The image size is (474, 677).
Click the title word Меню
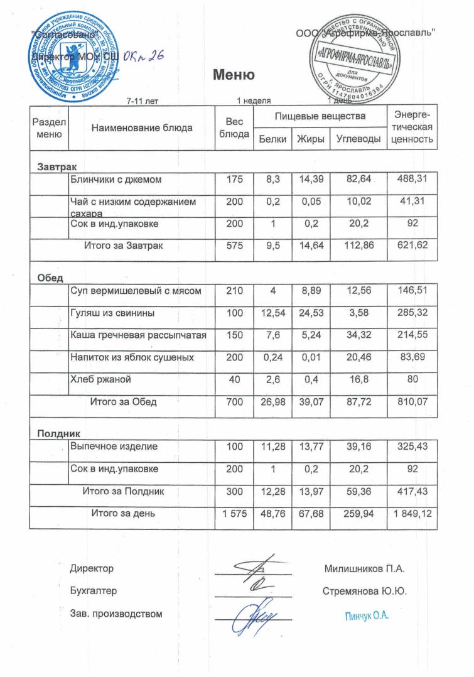tap(234, 76)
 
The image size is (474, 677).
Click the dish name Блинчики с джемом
tap(116, 180)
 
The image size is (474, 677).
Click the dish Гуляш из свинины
tap(112, 312)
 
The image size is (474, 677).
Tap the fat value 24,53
tap(310, 312)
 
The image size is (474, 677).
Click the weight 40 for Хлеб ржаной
tap(233, 380)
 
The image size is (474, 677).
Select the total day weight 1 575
tap(233, 514)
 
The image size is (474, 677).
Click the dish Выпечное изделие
tap(114, 447)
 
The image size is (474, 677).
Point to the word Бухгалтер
tap(94, 592)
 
